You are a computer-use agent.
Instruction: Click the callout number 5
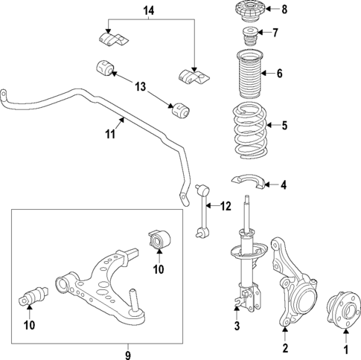(283, 125)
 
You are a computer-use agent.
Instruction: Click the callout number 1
(345, 348)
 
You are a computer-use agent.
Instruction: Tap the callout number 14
(148, 10)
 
